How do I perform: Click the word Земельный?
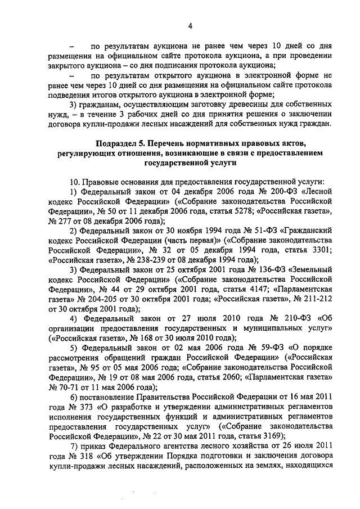(310, 269)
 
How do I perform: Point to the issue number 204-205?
(94, 299)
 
